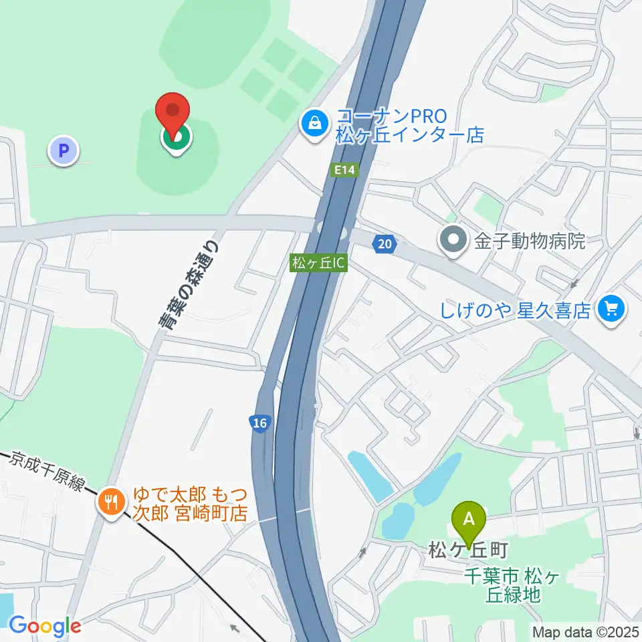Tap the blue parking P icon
(x=64, y=151)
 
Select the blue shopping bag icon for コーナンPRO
(x=313, y=123)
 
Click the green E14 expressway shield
(x=344, y=171)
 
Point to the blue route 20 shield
(x=384, y=245)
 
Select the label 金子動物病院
(x=530, y=240)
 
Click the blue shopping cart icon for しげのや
(x=611, y=308)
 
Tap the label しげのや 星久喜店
(x=516, y=310)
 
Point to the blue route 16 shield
(x=259, y=423)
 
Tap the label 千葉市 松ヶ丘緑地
(x=512, y=584)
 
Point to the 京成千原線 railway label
(x=45, y=472)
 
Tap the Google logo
(x=44, y=626)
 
